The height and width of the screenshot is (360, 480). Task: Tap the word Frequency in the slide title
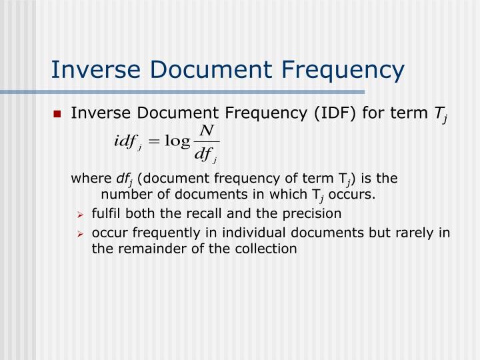(x=333, y=69)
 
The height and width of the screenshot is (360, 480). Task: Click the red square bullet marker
(x=58, y=114)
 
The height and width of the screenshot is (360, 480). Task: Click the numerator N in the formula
(x=205, y=130)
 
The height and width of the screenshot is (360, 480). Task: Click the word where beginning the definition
(x=89, y=179)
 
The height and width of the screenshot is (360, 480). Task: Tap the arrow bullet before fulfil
(x=79, y=214)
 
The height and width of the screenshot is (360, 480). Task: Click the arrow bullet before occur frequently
(x=79, y=233)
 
